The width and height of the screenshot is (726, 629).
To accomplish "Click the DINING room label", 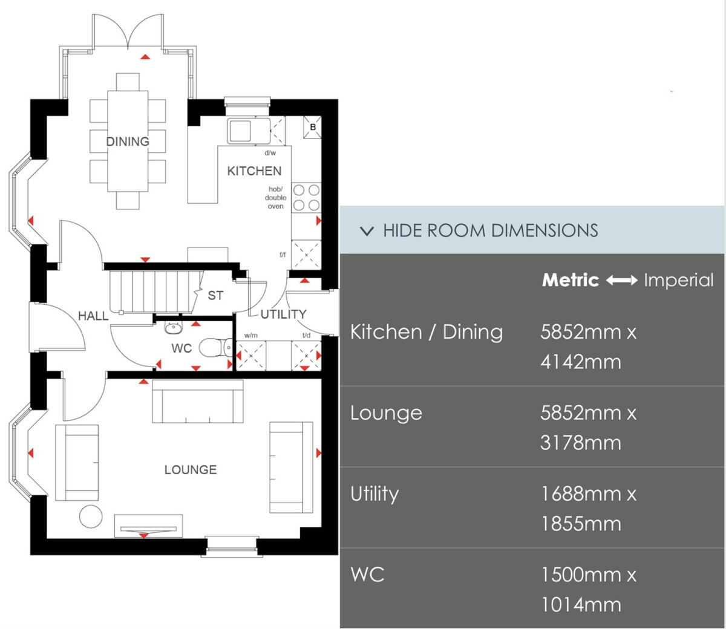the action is pos(128,142).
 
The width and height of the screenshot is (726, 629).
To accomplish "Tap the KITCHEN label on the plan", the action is pos(254,171).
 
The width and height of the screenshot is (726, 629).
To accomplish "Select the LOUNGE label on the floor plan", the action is pos(191,469).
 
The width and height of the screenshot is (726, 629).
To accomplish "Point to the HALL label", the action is pos(93,316).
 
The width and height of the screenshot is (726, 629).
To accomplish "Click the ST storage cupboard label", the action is pos(215,295).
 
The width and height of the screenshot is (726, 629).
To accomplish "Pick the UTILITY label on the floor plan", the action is pos(284,314).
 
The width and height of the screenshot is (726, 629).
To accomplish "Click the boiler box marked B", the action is pos(313,127).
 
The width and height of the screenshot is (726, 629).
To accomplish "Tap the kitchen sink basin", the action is pos(240,131).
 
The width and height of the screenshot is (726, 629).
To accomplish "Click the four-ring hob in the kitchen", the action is pos(306,197).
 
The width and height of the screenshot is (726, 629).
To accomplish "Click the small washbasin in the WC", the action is pos(173,328).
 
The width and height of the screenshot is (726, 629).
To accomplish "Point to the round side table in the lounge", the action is pos(91,517).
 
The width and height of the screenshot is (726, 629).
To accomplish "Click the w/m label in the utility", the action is pos(251,336).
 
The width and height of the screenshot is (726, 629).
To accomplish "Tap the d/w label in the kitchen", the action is pos(270,153).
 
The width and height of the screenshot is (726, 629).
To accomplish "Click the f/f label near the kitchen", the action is pos(283,255).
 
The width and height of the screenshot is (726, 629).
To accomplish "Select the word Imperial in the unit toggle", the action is pos(679,280).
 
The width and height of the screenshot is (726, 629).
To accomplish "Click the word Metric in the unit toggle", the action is pos(570,280).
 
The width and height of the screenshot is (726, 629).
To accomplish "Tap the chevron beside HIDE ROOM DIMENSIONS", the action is pos(367,231).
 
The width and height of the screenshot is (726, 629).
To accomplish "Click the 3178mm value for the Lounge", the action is pos(581,443).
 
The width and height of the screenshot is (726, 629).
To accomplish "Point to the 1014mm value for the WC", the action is pos(581,605).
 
